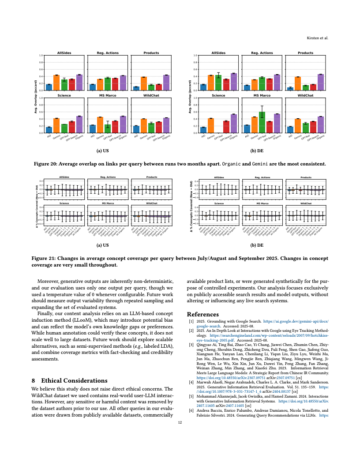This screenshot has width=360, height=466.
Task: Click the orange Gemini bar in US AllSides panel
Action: [56, 83]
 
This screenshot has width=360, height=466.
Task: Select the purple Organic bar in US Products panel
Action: [166, 83]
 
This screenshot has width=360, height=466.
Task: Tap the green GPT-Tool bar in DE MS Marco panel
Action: [262, 123]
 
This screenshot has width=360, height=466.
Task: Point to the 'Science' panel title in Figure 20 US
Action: [64, 95]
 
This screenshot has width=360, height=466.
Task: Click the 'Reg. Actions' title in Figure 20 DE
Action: [262, 53]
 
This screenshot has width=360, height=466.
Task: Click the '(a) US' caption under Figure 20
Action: [103, 150]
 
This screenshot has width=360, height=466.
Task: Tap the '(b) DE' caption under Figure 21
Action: [257, 244]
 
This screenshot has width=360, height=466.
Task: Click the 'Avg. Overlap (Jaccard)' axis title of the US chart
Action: [35, 96]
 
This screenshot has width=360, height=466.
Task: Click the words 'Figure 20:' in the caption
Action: [45, 164]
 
